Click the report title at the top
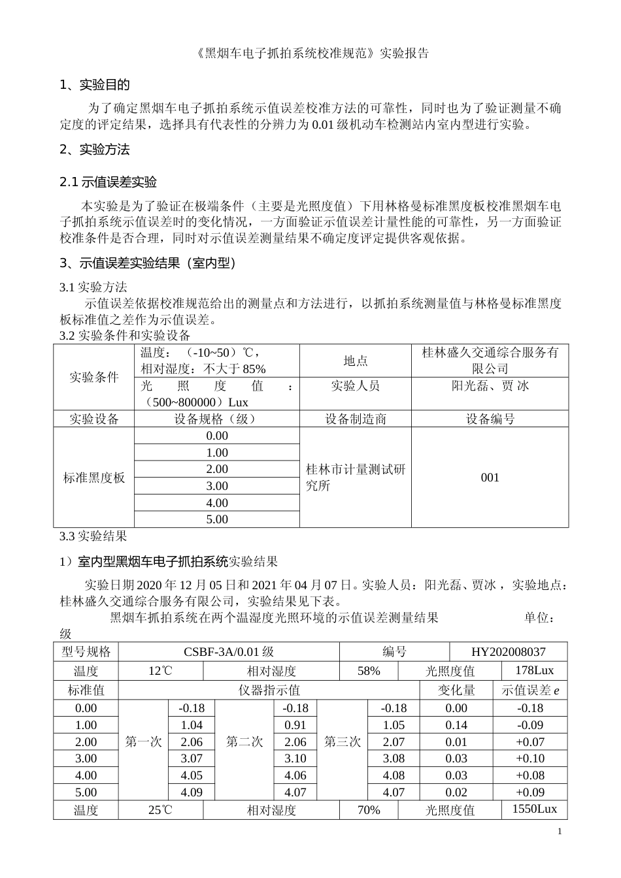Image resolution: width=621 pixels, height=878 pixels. click(x=312, y=54)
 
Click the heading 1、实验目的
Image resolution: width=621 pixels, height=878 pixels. click(x=95, y=85)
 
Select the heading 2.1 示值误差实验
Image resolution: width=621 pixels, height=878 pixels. click(x=108, y=182)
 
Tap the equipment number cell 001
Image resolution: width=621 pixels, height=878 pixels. click(x=490, y=478)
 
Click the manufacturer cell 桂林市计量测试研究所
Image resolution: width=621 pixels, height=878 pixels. click(x=355, y=478)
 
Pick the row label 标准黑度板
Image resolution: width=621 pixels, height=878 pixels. click(x=93, y=478)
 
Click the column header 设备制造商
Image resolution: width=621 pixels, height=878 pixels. click(x=355, y=419)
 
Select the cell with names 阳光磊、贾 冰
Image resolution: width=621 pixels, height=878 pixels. click(x=490, y=386)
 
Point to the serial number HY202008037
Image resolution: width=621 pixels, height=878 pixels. click(x=508, y=652)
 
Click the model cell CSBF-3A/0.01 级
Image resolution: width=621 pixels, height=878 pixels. click(x=229, y=652)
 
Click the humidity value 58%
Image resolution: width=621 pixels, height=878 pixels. click(x=369, y=671)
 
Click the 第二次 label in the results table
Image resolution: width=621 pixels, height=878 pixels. click(x=244, y=742)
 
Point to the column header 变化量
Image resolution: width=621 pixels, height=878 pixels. click(x=456, y=690)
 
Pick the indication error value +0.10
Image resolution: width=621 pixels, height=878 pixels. click(x=529, y=758)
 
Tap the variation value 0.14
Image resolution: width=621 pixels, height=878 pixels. click(x=456, y=725)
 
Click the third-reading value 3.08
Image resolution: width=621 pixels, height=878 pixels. click(x=394, y=758)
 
